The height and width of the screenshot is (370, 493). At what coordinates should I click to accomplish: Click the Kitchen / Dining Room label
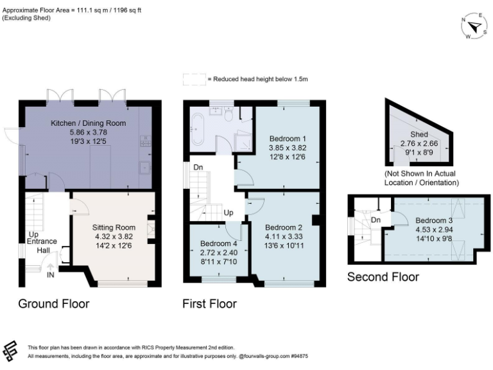pos(89,123)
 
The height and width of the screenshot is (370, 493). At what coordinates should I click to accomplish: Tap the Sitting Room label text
pos(114,227)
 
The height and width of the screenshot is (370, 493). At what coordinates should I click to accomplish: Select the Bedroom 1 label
pos(287,138)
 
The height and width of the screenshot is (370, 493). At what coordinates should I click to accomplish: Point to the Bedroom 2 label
pos(283,227)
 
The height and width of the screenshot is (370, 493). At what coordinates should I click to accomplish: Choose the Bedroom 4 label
pos(218,244)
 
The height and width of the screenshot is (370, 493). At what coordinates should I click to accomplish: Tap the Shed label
pos(419,134)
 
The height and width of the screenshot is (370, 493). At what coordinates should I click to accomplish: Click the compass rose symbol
pos(476,27)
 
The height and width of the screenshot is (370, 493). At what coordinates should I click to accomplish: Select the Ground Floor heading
pos(53,303)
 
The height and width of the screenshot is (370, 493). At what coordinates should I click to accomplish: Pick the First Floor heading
pos(209,303)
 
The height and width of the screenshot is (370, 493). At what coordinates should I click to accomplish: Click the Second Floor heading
pos(383,277)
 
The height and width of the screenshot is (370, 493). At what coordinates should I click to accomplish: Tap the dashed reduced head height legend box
pos(193,79)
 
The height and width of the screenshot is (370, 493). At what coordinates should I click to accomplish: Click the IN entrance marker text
pos(51,274)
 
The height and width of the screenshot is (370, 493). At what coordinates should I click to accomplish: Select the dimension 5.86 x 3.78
pos(88,131)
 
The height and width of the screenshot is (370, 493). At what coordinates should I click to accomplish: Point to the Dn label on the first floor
pos(198,167)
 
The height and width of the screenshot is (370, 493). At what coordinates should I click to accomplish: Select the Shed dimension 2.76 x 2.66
pos(419,143)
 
